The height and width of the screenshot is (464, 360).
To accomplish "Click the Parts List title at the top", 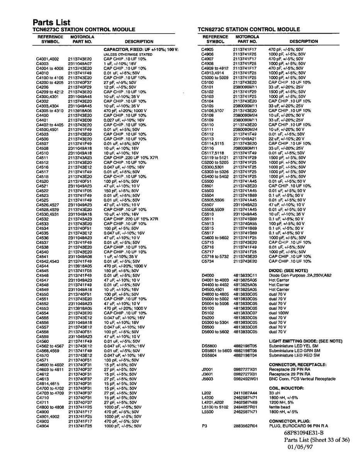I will (51, 22).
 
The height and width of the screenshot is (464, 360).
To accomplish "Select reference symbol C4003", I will (42, 63).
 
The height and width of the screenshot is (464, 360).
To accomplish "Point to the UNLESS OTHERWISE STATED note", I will (127, 55).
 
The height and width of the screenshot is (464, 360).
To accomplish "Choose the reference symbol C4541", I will (42, 257).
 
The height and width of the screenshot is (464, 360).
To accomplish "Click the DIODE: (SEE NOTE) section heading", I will (288, 271).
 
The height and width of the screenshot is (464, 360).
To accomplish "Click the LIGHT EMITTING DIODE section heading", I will (306, 341).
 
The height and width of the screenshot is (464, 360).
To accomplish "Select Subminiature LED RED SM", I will (294, 355).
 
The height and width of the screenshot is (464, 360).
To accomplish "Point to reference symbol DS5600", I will (209, 346).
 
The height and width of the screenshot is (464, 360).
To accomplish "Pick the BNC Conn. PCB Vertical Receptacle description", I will (302, 379).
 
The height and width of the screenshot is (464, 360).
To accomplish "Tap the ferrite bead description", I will (277, 407).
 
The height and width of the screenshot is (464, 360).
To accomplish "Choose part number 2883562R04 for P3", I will (245, 426).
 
